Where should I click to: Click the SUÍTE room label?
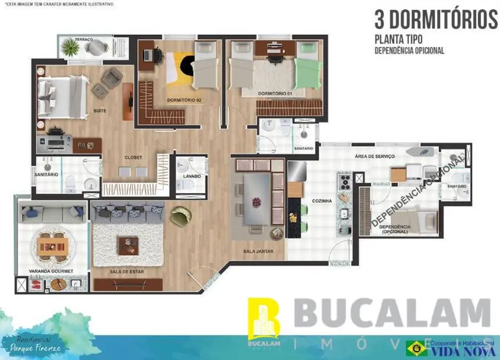[x=100, y=111]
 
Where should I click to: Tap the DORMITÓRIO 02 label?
[x=184, y=100]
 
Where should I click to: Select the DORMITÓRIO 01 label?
[x=275, y=94]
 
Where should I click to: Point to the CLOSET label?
[x=133, y=157]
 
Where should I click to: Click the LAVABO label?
[x=192, y=176]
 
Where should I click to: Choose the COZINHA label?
[x=323, y=202]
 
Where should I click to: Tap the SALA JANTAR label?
[x=257, y=251]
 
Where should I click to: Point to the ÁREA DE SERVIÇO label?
[x=374, y=157]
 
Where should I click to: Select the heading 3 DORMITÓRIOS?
[x=436, y=19]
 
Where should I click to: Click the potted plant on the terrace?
[x=71, y=48]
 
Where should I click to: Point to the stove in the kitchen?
[x=344, y=181]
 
